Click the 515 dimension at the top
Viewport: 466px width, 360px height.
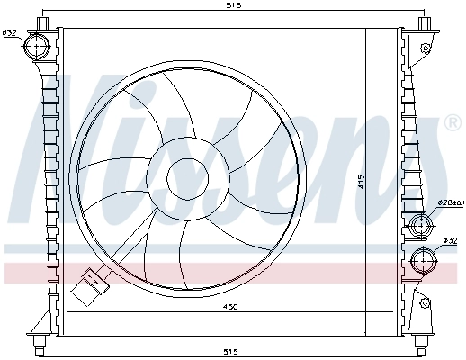point(233,5)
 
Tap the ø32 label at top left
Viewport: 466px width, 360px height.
point(10,33)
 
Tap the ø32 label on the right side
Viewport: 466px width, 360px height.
point(451,240)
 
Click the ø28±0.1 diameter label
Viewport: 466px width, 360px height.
point(450,203)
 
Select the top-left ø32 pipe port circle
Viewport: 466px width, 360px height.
point(38,44)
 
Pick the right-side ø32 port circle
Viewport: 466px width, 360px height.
point(421,261)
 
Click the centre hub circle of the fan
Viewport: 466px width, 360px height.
point(186,177)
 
